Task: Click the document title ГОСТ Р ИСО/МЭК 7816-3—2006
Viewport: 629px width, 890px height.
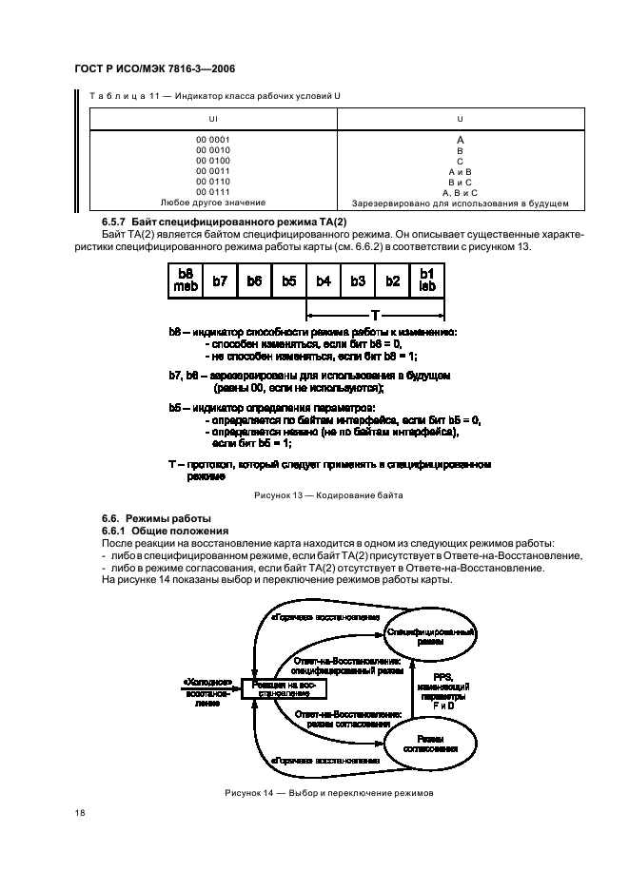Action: tap(155, 69)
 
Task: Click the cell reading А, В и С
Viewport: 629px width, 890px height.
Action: tap(460, 192)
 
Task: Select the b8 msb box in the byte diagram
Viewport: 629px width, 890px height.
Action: tap(186, 281)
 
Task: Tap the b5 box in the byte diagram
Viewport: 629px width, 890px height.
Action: tap(289, 281)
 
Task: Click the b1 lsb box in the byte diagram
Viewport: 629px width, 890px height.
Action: tap(427, 281)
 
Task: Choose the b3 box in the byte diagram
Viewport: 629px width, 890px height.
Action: tap(358, 281)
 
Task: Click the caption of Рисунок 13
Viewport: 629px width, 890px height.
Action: tap(327, 496)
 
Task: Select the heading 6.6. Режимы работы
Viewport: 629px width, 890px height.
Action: tap(144, 518)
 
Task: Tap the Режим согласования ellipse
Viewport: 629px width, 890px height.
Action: tap(430, 742)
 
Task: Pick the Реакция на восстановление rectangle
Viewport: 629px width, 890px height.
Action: tap(284, 688)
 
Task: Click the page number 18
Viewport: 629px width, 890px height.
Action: tap(80, 814)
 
